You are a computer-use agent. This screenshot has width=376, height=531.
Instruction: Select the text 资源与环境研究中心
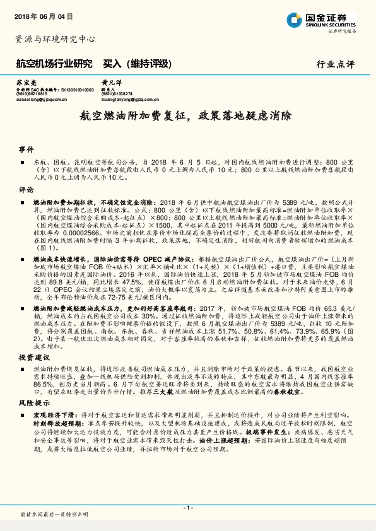point(55,39)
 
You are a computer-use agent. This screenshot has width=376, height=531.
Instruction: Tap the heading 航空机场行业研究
point(54,64)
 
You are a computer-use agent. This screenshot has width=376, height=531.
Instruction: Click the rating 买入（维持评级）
point(138,64)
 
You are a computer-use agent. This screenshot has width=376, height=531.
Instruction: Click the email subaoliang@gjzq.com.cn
point(42,99)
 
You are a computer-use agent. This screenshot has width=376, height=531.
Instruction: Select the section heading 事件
point(26,150)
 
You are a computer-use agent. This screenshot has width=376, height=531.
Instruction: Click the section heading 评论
point(26,189)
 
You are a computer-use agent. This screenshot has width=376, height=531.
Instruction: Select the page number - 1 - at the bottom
point(188,507)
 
